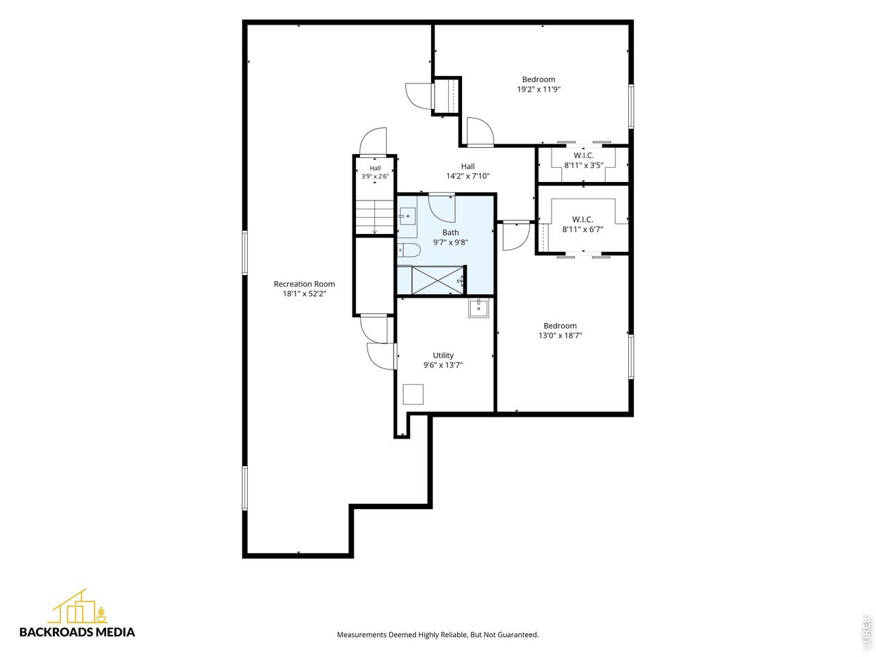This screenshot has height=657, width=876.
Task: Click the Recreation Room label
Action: tap(304, 284)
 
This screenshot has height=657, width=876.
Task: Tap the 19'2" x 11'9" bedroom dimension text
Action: tap(539, 90)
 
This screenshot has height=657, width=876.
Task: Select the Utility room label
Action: tap(443, 355)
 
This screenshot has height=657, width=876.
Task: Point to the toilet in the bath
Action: tap(409, 250)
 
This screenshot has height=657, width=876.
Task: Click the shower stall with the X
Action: tap(438, 280)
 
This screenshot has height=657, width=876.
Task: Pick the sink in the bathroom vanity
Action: tap(407, 216)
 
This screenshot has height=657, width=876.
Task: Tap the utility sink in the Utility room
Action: tap(478, 309)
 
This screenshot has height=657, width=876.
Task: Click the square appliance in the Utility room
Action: tap(413, 394)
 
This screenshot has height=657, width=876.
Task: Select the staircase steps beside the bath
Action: tap(375, 217)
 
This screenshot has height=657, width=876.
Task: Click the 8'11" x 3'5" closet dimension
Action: tap(584, 165)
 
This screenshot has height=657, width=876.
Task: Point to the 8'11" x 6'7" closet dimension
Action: tap(582, 229)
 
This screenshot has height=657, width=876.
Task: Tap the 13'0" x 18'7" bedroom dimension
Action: tap(560, 335)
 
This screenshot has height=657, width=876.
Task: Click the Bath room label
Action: tap(450, 233)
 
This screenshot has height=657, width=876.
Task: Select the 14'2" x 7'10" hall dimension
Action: tap(467, 176)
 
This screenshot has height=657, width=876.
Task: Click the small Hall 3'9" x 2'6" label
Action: tap(375, 172)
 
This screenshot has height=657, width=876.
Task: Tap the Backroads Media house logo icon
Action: tap(78, 606)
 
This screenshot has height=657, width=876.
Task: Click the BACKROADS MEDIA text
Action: tap(77, 632)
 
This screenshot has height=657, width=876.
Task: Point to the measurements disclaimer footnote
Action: tap(438, 634)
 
